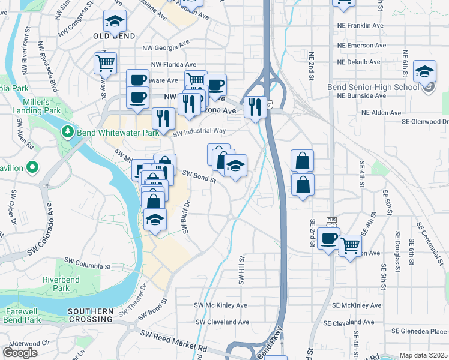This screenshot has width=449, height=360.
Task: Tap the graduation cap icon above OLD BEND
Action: click(x=115, y=22)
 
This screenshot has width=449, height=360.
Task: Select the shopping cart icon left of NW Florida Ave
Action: click(x=105, y=62)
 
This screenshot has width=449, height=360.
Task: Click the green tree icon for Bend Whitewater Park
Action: click(x=69, y=131)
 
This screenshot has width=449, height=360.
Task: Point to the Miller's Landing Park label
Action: click(x=46, y=106)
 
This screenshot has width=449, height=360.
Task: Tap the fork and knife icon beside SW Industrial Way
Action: click(x=163, y=119)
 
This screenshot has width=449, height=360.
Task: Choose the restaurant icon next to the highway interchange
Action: click(x=255, y=107)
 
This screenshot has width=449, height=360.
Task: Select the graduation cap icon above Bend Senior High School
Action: click(x=424, y=73)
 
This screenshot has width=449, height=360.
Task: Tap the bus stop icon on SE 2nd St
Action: click(x=330, y=221)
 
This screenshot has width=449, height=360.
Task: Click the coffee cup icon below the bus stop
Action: click(x=328, y=239)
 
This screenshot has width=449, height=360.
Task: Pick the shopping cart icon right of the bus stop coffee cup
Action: click(x=350, y=245)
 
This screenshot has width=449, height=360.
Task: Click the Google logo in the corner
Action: click(x=20, y=353)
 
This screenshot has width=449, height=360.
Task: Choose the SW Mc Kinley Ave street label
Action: click(x=220, y=305)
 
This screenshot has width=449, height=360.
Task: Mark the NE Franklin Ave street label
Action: click(x=360, y=26)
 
